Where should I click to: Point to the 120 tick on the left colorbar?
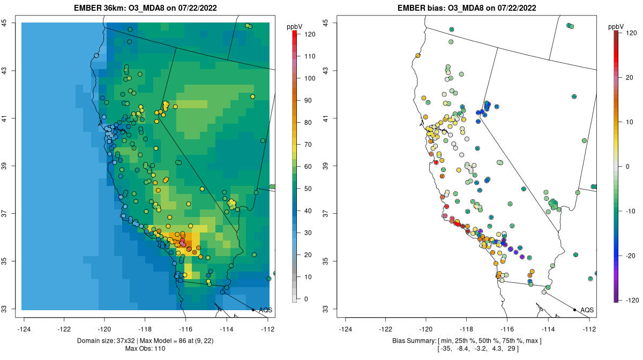(x=309, y=34)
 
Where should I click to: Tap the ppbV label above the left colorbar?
(x=294, y=26)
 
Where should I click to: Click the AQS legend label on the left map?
(x=265, y=310)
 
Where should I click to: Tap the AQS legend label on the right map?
(x=587, y=310)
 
